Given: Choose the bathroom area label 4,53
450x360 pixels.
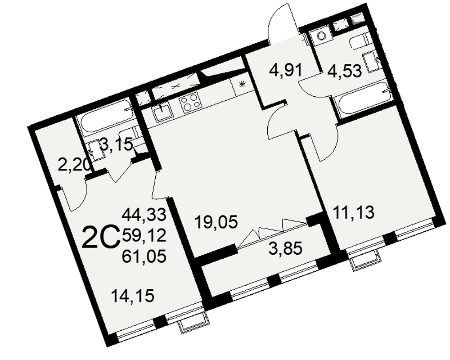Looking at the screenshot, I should point(344,71).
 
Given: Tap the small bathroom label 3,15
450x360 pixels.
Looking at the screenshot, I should point(117,144).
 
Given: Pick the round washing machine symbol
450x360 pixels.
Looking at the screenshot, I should point(321,35).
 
